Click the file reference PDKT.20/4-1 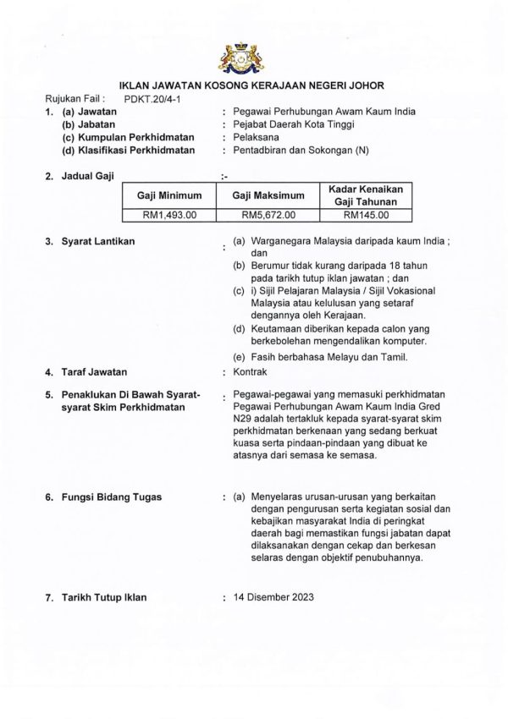tap(152, 99)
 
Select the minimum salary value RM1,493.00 tap(170, 216)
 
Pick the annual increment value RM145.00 tap(367, 216)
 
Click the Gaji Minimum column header tap(170, 195)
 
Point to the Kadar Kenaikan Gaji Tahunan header tap(367, 195)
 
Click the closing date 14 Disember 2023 tap(274, 596)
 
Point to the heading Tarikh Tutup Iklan tap(104, 597)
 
